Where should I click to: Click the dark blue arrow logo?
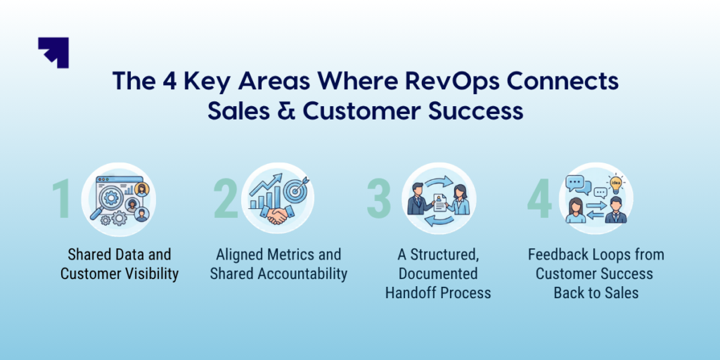(x=53, y=52)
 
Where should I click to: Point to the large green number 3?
(x=378, y=199)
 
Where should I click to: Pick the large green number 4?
(x=539, y=199)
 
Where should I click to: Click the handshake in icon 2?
(x=278, y=214)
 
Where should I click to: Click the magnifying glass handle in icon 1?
(x=96, y=213)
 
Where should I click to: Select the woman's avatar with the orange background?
(x=141, y=189)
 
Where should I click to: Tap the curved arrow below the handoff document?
(x=440, y=221)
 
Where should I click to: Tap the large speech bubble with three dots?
(x=574, y=184)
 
